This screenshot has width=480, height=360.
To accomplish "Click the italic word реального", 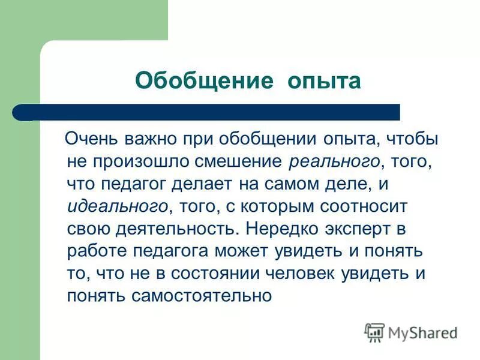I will (334, 161).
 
